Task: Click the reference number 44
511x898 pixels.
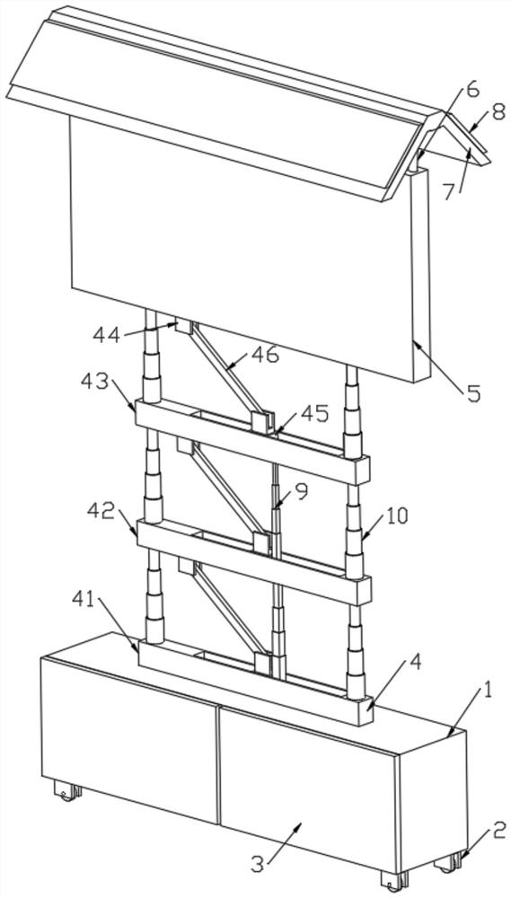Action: [x=107, y=333]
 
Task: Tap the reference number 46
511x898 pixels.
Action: [x=265, y=355]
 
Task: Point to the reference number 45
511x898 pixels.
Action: [x=315, y=413]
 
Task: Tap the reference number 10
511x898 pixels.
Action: [x=396, y=515]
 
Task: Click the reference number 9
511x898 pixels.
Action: [x=302, y=491]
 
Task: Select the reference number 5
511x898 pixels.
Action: [x=473, y=393]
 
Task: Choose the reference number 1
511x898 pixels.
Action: [x=488, y=691]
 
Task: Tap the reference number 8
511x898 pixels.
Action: [x=498, y=111]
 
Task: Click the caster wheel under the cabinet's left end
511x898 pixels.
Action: [x=67, y=790]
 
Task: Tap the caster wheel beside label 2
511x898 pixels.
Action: [x=449, y=862]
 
